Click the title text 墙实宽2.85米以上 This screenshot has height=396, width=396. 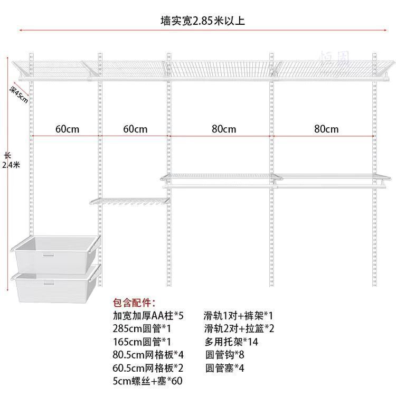click(x=203, y=21)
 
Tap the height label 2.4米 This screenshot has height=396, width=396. click(x=11, y=164)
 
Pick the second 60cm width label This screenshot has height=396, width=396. click(x=135, y=128)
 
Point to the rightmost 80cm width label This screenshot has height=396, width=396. click(x=326, y=128)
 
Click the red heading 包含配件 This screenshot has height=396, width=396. click(x=135, y=304)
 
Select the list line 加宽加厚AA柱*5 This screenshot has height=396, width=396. click(x=148, y=316)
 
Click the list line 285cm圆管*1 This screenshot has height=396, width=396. click(x=142, y=329)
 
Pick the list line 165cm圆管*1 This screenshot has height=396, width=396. click(x=142, y=342)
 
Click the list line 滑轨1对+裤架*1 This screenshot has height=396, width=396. click(x=238, y=316)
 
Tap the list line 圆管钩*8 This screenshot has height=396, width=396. click(x=224, y=354)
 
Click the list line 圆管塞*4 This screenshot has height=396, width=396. click(x=224, y=367)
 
